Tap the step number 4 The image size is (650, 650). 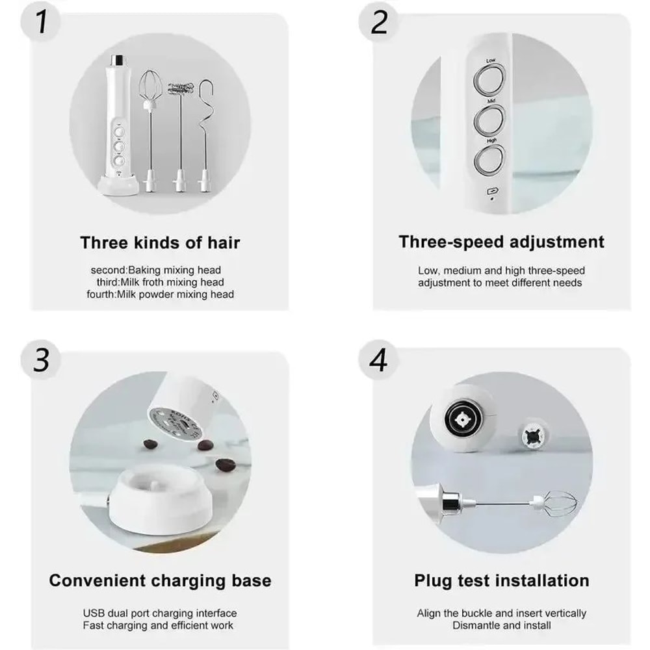click(378, 359)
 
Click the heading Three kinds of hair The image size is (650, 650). click(160, 243)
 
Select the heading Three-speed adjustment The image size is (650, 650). click(501, 242)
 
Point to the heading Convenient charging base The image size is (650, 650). click(160, 580)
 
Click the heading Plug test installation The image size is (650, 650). click(502, 580)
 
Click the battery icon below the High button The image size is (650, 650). click(491, 191)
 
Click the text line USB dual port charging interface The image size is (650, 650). click(160, 613)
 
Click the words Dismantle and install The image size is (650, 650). click(502, 625)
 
